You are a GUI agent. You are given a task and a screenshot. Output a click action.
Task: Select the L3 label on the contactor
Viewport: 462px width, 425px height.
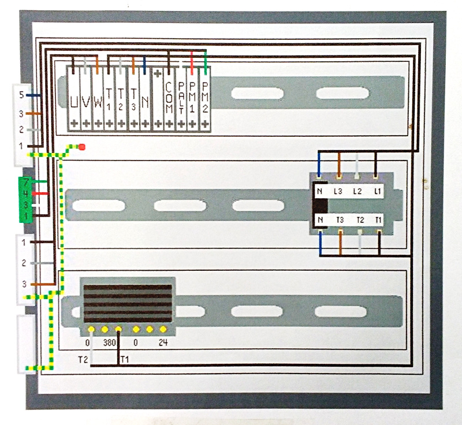pos(339,191)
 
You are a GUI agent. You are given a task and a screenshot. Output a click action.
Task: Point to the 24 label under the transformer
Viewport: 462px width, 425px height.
pos(163,343)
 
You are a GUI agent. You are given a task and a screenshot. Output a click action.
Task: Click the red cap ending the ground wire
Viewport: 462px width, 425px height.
pos(82,147)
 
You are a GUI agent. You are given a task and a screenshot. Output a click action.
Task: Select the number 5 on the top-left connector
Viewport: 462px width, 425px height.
pos(21,95)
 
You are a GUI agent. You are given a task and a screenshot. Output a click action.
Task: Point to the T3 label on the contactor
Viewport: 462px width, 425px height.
pos(340,219)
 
